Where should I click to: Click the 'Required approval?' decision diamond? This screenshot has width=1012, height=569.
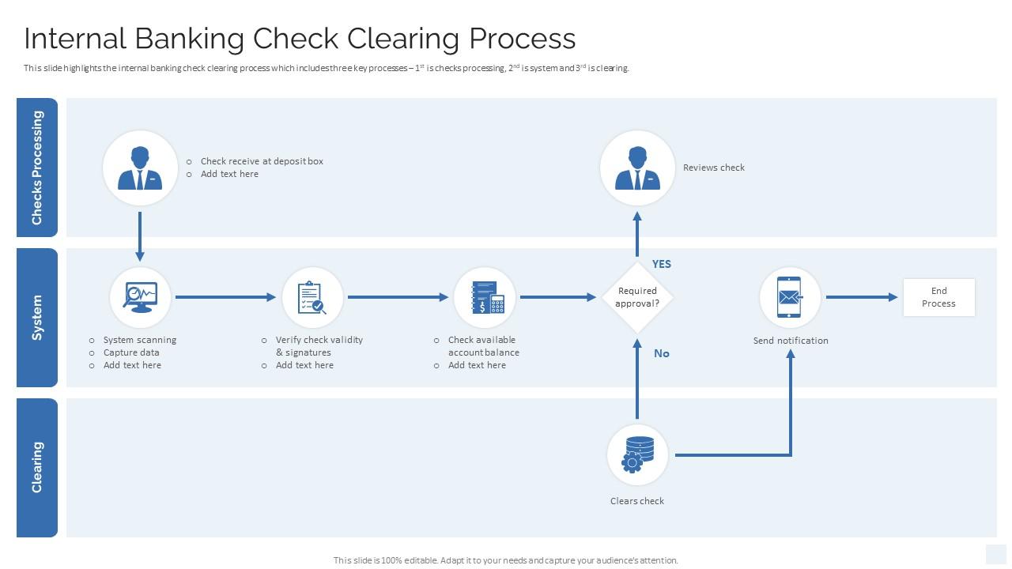637,297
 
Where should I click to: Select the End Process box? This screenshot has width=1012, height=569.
938,297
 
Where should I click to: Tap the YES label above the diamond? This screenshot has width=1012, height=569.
662,264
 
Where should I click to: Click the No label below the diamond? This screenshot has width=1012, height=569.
662,353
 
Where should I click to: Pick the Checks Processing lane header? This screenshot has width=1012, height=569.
37,168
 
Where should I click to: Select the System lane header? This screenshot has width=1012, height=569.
37,318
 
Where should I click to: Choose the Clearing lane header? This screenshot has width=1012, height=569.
37,467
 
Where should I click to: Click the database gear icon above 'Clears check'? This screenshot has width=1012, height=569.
637,454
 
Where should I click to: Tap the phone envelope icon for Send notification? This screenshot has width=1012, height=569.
789,297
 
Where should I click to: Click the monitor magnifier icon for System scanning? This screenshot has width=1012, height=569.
140,297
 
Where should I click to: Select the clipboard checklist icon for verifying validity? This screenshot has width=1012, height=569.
312,297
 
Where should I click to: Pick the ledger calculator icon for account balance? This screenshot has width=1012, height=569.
485,297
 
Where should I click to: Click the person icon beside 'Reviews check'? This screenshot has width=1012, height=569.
637,168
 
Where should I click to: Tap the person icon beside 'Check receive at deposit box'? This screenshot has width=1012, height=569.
140,168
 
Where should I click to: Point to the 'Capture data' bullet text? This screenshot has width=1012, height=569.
131,352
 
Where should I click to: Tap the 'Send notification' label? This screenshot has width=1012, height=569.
791,341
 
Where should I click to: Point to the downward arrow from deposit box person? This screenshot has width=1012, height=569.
140,236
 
